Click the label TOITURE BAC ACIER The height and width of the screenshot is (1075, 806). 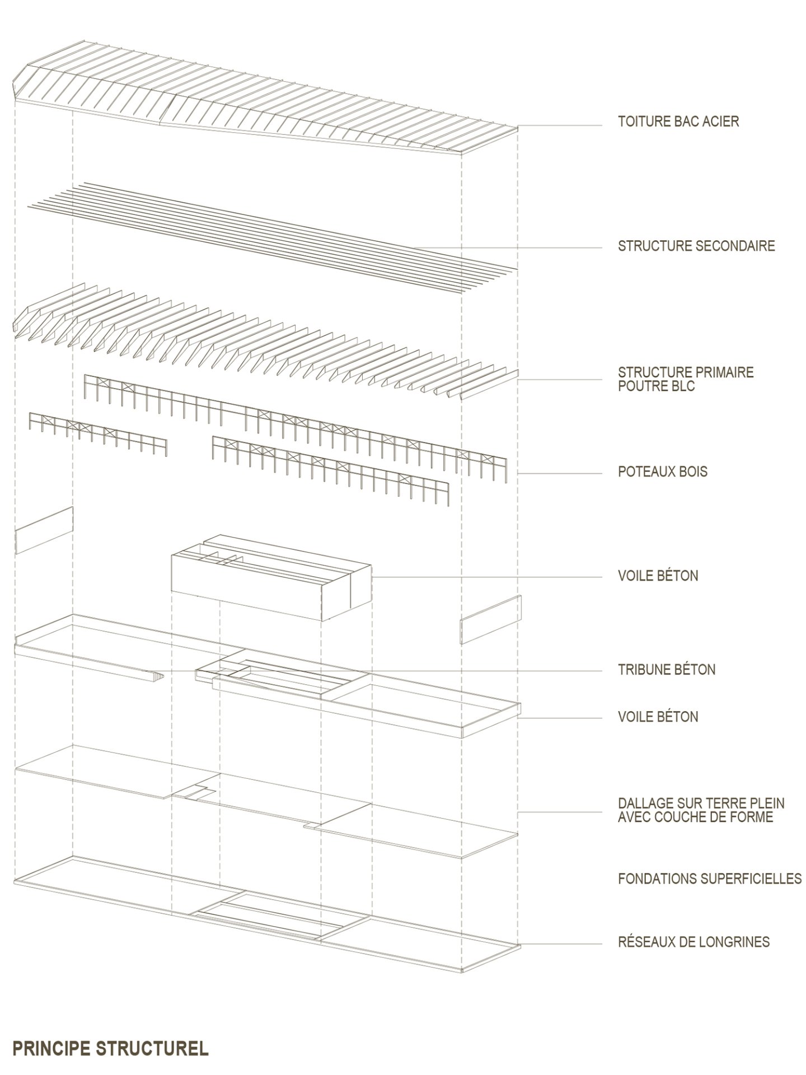pos(678,121)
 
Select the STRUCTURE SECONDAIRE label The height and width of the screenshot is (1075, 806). pos(696,246)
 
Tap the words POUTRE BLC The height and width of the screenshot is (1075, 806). pos(656,386)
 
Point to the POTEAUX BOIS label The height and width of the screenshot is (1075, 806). pos(663,472)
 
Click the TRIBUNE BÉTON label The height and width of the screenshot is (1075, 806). pos(667,670)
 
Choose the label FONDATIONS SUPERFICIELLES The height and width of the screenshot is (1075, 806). pos(710,879)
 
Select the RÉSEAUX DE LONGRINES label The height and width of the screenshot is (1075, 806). pos(693,942)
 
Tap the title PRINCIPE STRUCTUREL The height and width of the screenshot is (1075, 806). pos(110,1049)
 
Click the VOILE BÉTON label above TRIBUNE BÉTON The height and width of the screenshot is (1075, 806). pos(658,576)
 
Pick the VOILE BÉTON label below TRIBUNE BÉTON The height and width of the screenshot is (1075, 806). pos(658,717)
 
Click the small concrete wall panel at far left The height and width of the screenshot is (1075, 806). pos(44,530)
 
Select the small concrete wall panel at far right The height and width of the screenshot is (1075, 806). pos(491,620)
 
